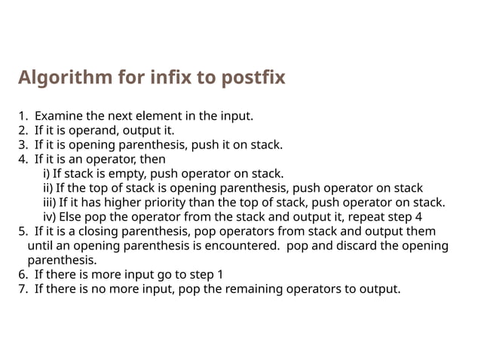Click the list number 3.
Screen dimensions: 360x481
(x=23, y=145)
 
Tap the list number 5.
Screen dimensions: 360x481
(x=23, y=231)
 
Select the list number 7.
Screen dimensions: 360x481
(x=23, y=288)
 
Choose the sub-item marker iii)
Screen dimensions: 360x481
(x=49, y=202)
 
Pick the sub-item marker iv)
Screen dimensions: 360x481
(x=49, y=217)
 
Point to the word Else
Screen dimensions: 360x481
(x=72, y=217)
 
